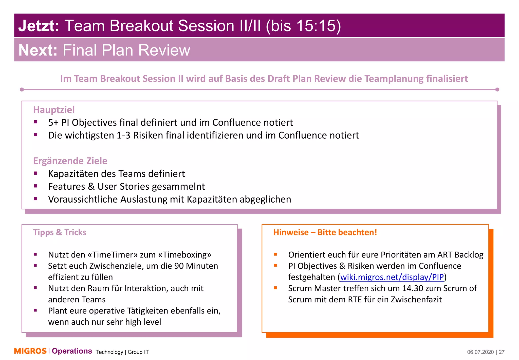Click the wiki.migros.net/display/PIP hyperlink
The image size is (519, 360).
(392, 277)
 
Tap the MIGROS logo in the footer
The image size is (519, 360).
(30, 351)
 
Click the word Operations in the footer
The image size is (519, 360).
(72, 351)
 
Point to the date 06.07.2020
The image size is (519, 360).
(480, 352)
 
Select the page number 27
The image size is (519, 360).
(502, 352)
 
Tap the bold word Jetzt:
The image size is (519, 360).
(39, 26)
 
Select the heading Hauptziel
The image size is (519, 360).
(54, 110)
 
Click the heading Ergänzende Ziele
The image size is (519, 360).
(70, 161)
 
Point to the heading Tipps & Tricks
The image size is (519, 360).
(60, 232)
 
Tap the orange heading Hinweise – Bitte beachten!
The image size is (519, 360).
(325, 232)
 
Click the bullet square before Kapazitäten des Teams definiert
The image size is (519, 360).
(36, 173)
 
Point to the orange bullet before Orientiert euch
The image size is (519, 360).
(275, 254)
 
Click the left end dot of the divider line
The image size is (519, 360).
(22, 89)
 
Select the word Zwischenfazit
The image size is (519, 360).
(416, 300)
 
